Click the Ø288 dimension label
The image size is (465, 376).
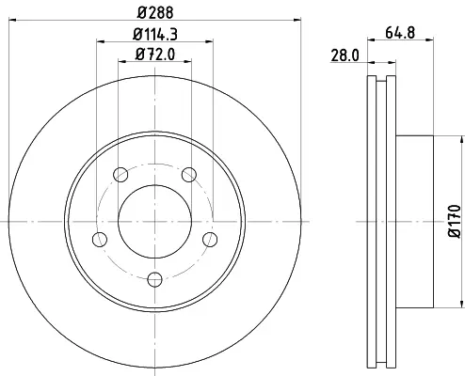pyautogui.click(x=155, y=12)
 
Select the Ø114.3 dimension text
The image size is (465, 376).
pyautogui.click(x=155, y=34)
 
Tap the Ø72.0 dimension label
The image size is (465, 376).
pyautogui.click(x=155, y=55)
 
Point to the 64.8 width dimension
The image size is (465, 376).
pyautogui.click(x=400, y=33)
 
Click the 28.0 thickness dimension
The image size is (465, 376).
pyautogui.click(x=345, y=55)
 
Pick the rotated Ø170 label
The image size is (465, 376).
pyautogui.click(x=455, y=222)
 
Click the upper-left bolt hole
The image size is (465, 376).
pyautogui.click(x=120, y=175)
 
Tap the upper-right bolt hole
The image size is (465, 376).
pyautogui.click(x=189, y=175)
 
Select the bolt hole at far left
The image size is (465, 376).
pyautogui.click(x=100, y=240)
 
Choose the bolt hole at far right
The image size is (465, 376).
pyautogui.click(x=210, y=240)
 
